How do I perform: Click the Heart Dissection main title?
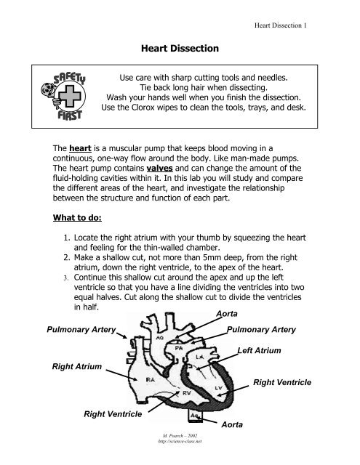[x=180, y=46]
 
